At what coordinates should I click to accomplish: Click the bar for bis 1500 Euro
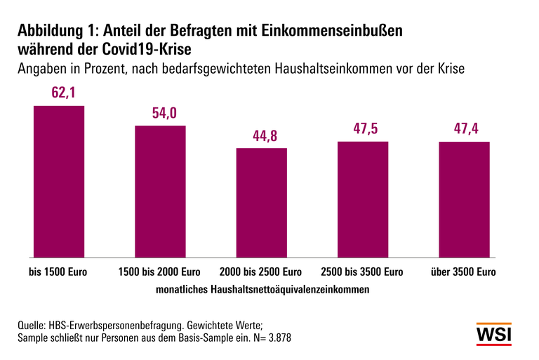coord(59,181)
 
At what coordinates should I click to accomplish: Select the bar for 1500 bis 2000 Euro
coord(161,191)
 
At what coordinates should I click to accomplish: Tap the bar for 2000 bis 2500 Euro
coord(262,202)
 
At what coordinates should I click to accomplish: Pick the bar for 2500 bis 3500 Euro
coord(363,199)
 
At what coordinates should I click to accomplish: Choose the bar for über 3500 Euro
coord(464,199)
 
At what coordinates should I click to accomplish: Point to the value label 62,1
coord(59,93)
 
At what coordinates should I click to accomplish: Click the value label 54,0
coord(161,113)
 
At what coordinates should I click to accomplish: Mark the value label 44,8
coord(262,135)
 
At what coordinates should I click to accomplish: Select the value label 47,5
coord(363,129)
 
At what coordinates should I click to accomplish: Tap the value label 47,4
coord(464,129)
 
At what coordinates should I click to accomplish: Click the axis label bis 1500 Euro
coord(58,272)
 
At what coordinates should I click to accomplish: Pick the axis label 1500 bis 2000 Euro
coord(160,272)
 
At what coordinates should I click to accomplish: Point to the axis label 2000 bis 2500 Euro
coord(262,272)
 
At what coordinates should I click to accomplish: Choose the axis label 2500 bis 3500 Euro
coord(363,272)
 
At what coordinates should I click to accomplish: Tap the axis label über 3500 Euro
coord(464,272)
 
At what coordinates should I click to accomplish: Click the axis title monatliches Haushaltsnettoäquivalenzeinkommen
coord(261,288)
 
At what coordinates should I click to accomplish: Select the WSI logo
coord(494,334)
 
